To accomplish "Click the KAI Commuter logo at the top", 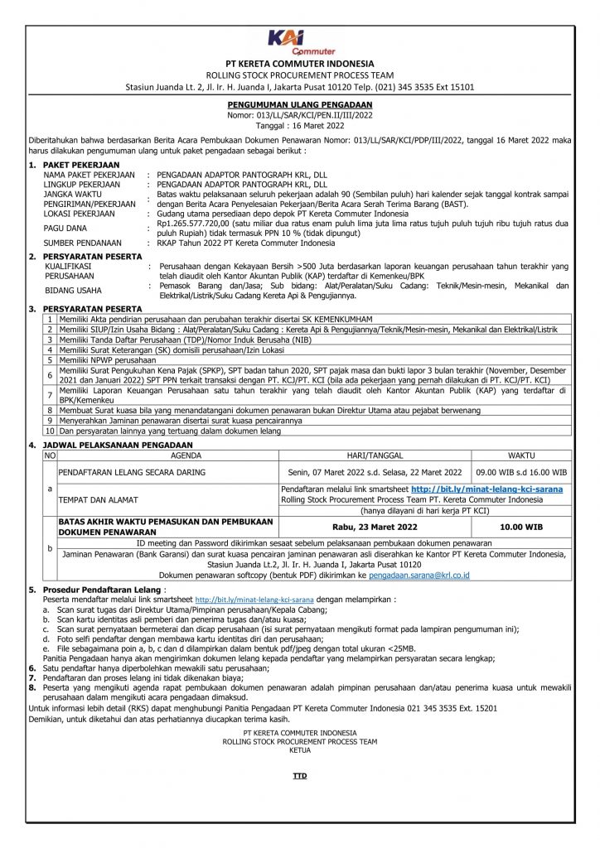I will [299, 41].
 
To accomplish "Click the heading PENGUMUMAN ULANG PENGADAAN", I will [299, 106].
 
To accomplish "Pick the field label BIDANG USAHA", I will [73, 290].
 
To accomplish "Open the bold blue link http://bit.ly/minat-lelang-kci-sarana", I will [486, 489].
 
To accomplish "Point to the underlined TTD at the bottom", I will [299, 776].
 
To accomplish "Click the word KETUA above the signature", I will [299, 749].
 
